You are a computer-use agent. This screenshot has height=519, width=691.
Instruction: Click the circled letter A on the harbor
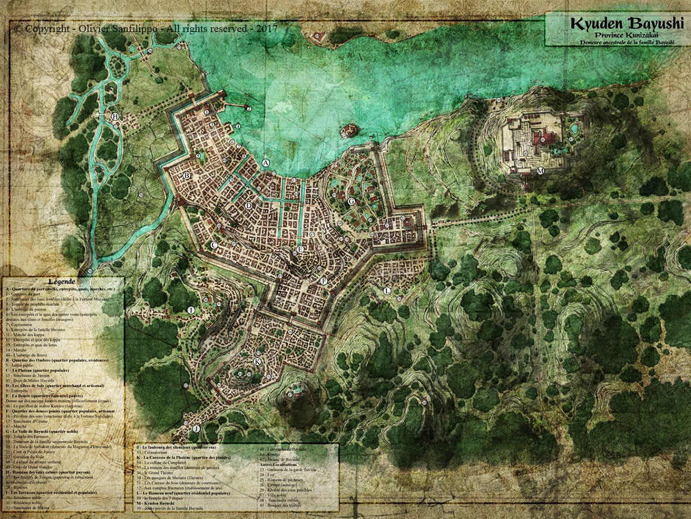[x=265, y=163]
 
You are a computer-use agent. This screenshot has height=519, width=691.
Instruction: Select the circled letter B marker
[x=187, y=175]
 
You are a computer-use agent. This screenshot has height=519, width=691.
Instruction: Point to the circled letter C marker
[x=214, y=245]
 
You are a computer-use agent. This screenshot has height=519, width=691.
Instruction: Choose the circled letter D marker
[x=249, y=205]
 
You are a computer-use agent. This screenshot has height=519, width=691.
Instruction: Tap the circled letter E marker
[x=300, y=249]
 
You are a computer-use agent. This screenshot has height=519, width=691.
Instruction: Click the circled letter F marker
[x=324, y=281]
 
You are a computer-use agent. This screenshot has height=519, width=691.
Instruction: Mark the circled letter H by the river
[x=116, y=117]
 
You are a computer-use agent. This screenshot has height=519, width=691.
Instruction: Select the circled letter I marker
[x=191, y=310]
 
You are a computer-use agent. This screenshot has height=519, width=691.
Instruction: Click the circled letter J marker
[x=196, y=428]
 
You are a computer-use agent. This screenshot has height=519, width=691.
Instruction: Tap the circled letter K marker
[x=257, y=361]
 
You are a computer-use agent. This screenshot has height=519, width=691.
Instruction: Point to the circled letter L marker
[x=388, y=291]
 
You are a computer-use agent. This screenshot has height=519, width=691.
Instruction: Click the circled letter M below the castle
[x=540, y=171]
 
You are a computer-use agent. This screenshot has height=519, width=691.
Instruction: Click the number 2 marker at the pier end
[x=249, y=108]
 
